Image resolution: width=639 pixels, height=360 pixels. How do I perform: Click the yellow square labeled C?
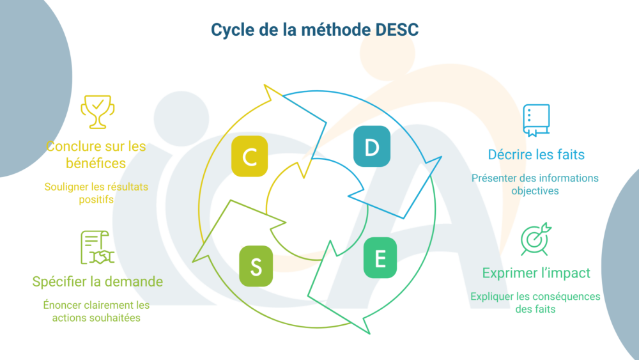(x=250, y=156)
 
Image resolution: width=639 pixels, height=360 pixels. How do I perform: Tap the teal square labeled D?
(x=372, y=148)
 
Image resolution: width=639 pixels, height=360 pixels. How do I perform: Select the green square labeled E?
(x=380, y=258)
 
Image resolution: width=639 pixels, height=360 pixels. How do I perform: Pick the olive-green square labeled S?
(x=256, y=266)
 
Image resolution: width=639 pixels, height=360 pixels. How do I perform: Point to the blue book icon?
(x=535, y=120)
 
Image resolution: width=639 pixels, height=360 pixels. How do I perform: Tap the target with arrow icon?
(x=535, y=239)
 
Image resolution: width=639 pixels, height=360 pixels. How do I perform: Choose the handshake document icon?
(x=96, y=247)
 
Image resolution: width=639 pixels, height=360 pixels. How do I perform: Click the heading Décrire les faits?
(x=536, y=154)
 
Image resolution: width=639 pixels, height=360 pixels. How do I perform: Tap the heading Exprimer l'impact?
(x=536, y=273)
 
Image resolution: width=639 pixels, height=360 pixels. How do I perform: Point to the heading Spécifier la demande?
(x=97, y=281)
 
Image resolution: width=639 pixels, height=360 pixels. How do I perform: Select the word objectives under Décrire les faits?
(x=535, y=191)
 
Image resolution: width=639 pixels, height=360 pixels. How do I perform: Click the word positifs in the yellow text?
(x=96, y=200)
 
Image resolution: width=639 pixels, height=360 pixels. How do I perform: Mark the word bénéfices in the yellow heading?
(x=96, y=163)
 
